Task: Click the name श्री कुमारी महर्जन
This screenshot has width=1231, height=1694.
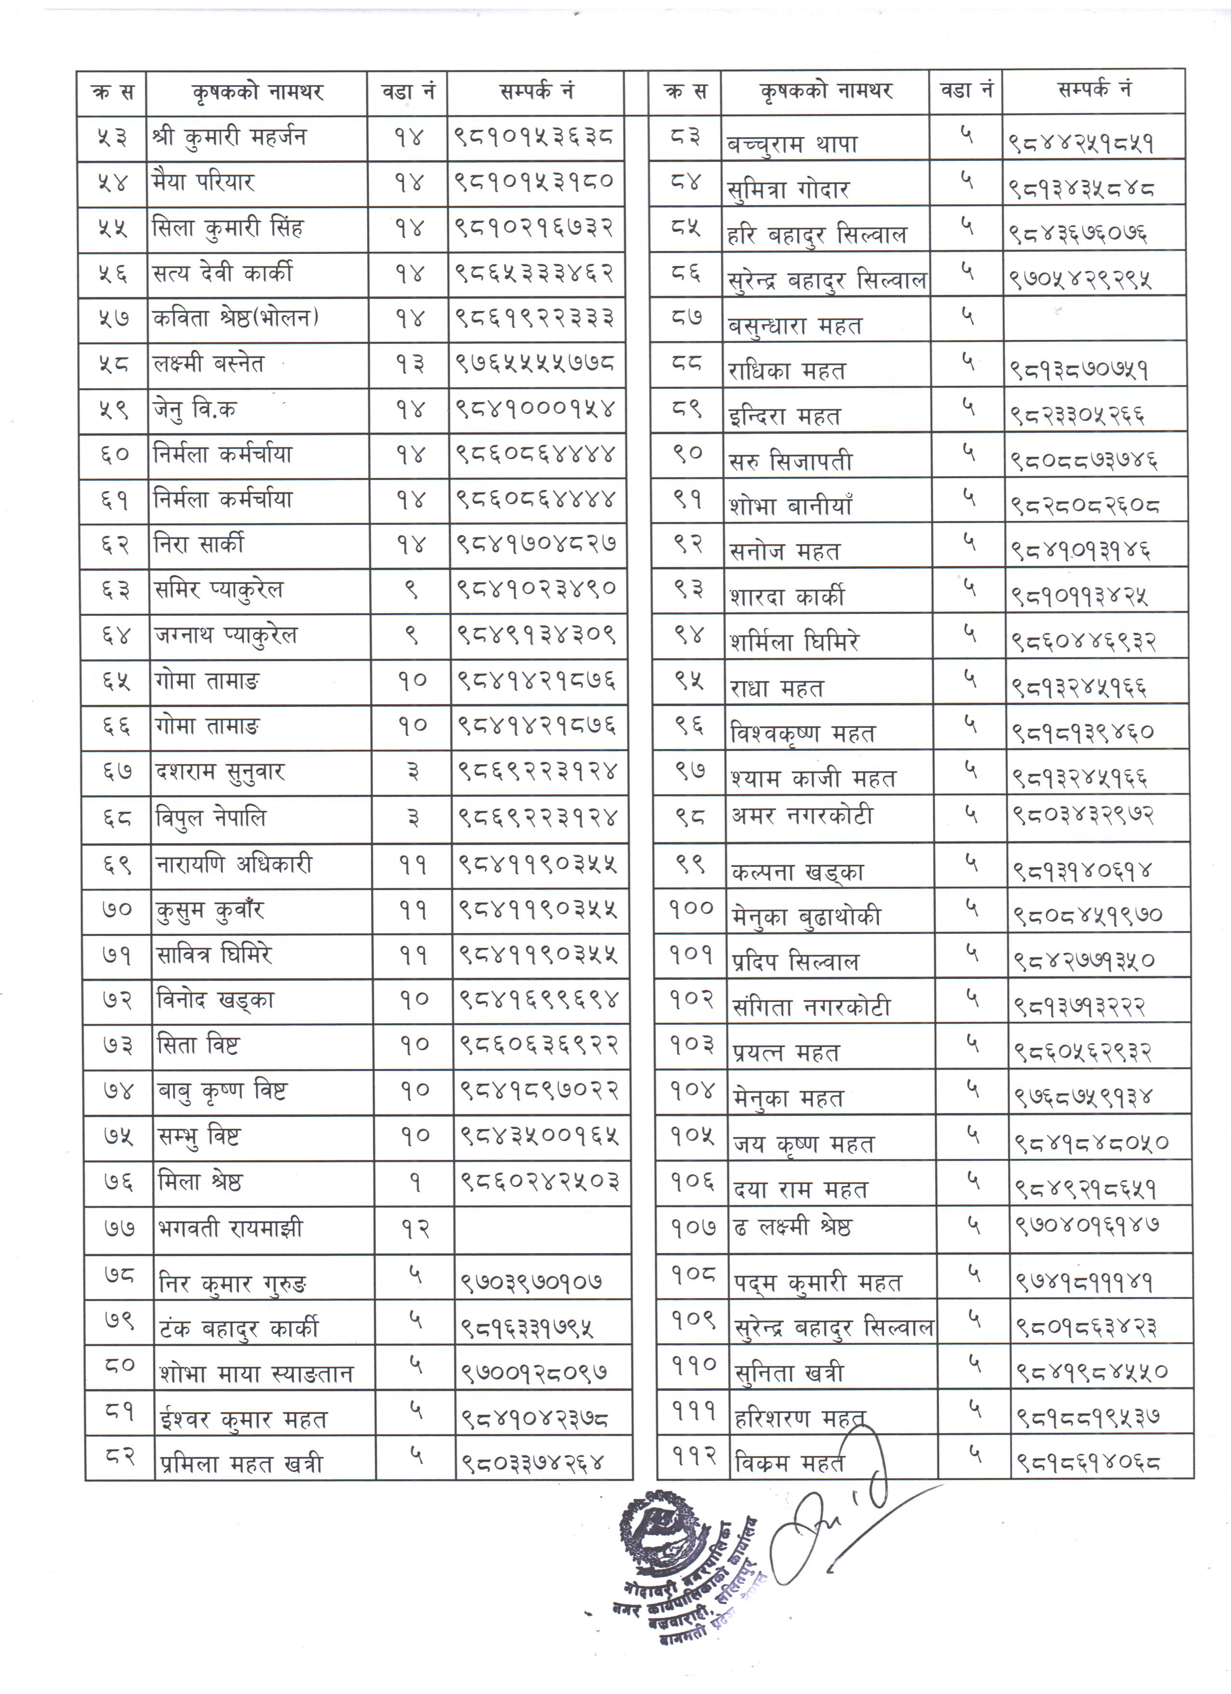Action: click(x=228, y=138)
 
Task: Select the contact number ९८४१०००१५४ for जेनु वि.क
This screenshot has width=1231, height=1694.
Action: click(x=535, y=410)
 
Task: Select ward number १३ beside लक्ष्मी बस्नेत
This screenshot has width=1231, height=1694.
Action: click(x=409, y=365)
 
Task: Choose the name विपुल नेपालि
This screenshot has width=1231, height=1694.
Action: click(x=211, y=818)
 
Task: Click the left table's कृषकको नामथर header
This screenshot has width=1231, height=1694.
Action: click(x=256, y=93)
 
